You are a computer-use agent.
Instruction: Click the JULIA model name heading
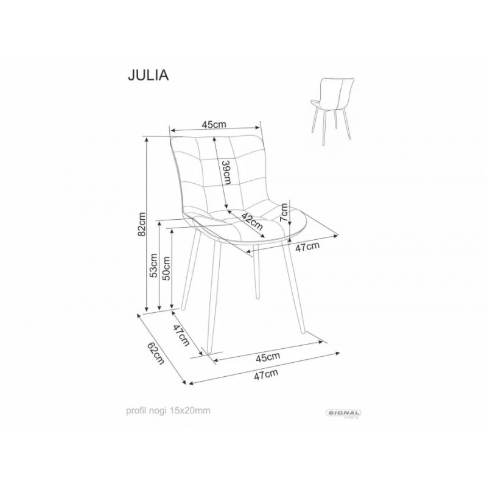coord(148,75)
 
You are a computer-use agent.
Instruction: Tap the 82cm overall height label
coord(142,224)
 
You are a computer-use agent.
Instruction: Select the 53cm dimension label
coord(154,266)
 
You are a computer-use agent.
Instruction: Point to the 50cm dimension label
coord(167,268)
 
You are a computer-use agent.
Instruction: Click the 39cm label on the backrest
coord(227,172)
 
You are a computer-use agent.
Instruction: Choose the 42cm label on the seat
coord(253,221)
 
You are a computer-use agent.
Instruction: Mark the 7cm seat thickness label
coord(284,212)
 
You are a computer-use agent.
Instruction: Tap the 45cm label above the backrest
coord(214,125)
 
